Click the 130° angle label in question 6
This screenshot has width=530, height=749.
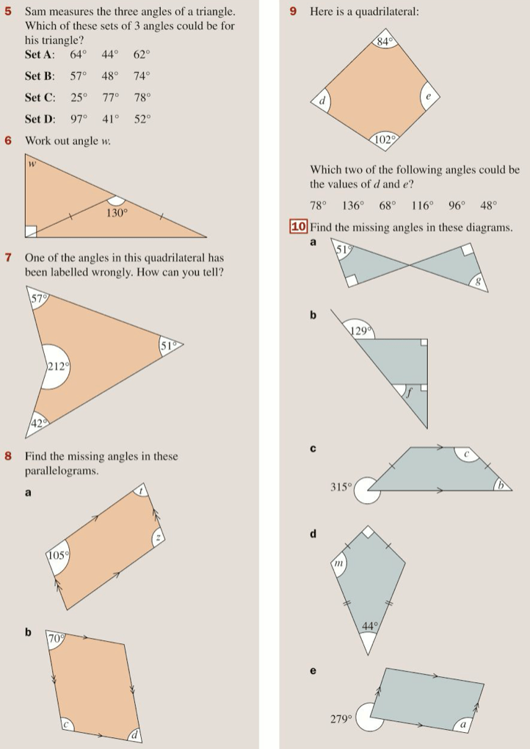pos(117,213)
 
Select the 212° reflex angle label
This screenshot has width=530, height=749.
pos(58,367)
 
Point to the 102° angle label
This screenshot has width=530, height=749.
pos(385,140)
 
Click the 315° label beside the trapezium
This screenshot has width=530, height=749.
pos(341,488)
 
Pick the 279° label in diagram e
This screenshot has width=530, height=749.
pos(341,719)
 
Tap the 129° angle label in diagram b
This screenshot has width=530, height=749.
pos(361,331)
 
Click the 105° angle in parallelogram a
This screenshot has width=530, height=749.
pos(58,556)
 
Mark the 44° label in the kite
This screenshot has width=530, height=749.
pos(370,626)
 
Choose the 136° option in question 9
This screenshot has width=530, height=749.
pos(353,206)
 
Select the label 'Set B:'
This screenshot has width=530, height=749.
pos(40,76)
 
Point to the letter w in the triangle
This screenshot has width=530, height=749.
pos(32,164)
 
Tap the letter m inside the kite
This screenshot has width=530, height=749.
pos(338,564)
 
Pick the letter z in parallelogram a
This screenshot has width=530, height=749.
pos(159,538)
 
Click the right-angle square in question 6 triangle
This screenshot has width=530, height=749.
pos(31,231)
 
